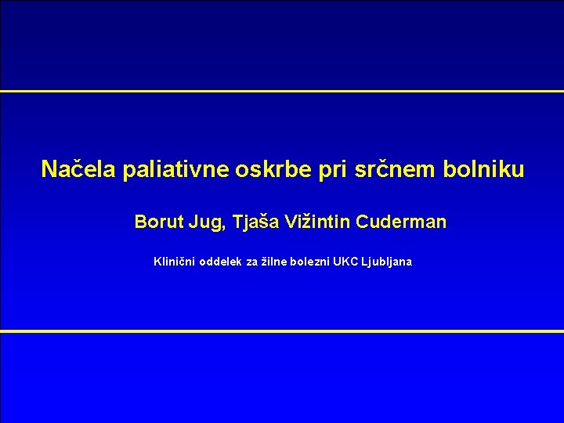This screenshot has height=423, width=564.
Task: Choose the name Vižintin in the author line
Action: [x=324, y=222]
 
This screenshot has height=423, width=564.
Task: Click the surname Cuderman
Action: [x=401, y=222]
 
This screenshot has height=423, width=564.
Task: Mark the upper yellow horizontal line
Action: [x=282, y=91]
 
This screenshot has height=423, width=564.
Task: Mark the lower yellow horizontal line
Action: [x=282, y=331]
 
